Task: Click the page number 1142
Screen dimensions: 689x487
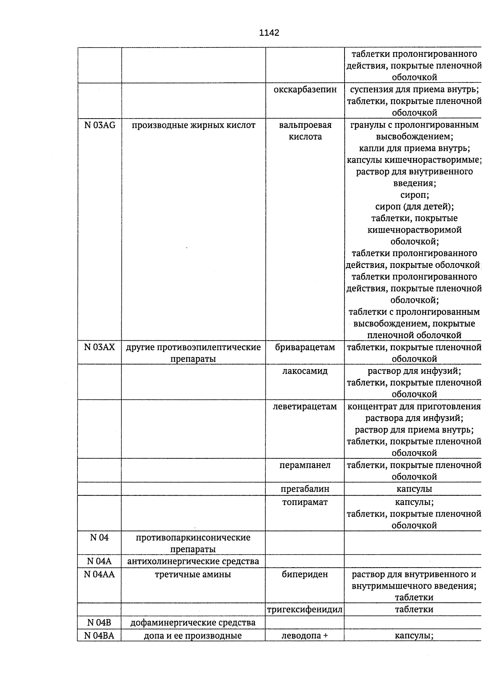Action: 269,33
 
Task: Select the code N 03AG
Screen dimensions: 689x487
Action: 100,125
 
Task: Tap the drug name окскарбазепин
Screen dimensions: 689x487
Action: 305,89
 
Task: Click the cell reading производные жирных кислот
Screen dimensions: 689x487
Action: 194,125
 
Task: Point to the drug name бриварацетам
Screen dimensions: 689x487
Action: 305,347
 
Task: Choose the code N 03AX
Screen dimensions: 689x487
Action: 100,347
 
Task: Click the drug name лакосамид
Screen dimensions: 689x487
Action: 305,371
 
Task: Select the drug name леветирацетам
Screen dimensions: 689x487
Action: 305,406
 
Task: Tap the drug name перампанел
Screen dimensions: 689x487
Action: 305,465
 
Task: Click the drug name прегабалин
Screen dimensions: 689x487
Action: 305,489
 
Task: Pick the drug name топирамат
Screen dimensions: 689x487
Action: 305,502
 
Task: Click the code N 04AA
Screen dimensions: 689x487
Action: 100,574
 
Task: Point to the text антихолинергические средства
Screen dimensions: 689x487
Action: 193,561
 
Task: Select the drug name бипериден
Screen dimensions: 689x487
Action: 305,574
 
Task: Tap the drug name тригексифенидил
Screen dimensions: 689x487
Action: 305,609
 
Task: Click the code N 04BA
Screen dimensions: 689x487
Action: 100,636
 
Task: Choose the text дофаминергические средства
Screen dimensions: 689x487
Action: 193,622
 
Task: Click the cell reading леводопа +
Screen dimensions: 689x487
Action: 305,636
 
